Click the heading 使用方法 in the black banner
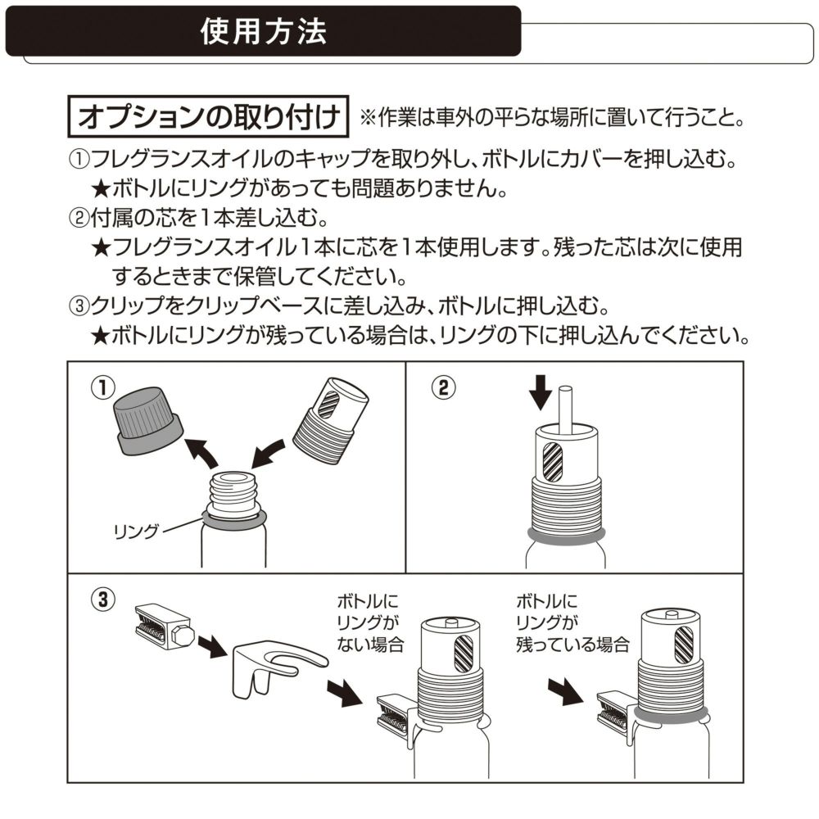coord(263,31)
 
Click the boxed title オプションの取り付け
coord(207,118)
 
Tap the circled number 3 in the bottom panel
coord(102,599)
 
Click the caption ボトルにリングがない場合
coord(372,622)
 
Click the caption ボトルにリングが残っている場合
coord(572,622)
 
